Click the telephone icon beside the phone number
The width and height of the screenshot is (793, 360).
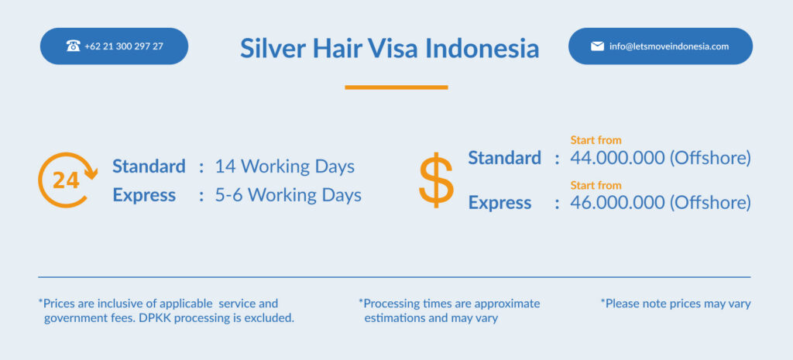point(73,46)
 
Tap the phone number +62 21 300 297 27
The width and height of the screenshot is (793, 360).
point(124,46)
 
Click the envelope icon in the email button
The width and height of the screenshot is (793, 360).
point(597,46)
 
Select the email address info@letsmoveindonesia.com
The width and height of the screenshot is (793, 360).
point(669,46)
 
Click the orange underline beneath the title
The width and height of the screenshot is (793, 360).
point(396,87)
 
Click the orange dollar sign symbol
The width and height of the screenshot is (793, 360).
point(436,180)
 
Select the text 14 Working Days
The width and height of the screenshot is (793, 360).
point(285,166)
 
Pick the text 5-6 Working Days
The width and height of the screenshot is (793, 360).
point(288,195)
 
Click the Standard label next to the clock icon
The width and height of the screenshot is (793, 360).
point(149,166)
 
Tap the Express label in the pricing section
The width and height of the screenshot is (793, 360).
point(499,203)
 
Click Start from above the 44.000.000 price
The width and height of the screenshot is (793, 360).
point(596,140)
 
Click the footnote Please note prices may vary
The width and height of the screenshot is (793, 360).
point(675,304)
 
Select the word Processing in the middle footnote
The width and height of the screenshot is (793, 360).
point(389,304)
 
